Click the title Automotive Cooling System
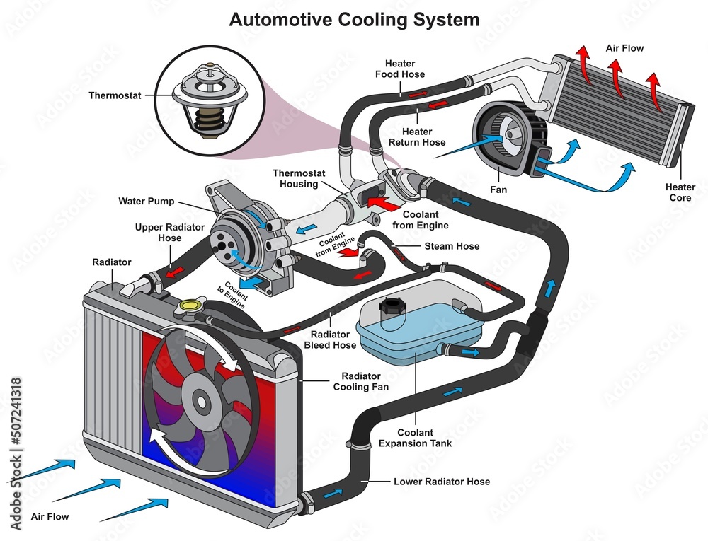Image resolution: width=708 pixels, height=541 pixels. [x=354, y=19]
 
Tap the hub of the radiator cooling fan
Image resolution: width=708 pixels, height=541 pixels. [x=201, y=404]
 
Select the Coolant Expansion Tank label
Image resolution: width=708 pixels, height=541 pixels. [x=416, y=438]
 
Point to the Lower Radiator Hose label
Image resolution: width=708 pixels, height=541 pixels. [x=442, y=482]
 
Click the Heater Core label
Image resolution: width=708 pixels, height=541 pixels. [x=680, y=192]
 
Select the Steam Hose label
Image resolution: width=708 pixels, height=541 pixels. [x=452, y=246]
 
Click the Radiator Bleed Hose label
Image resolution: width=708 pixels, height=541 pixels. [x=329, y=340]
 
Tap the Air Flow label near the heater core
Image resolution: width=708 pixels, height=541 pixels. [x=624, y=49]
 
